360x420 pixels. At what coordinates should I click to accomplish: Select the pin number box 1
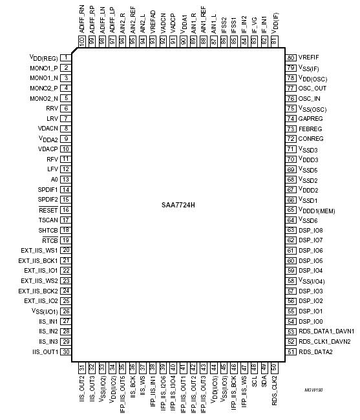tap(66, 58)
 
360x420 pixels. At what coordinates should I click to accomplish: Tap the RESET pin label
tap(49, 210)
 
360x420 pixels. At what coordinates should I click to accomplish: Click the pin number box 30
tap(66, 352)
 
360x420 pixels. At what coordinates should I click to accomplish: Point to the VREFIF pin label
tap(309, 58)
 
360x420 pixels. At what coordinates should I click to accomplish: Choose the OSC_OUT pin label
tap(313, 88)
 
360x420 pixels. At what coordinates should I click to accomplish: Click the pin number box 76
tap(291, 98)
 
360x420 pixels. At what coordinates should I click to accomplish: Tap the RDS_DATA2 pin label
tap(316, 352)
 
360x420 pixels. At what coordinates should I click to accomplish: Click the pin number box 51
tap(291, 352)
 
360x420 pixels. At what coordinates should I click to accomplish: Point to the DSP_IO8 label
tap(311, 230)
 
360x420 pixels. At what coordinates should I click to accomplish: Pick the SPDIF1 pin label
tap(48, 189)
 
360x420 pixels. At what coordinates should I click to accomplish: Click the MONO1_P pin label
tap(44, 68)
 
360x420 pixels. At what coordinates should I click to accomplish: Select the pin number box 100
tap(82, 41)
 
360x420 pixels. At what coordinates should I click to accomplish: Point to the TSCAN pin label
tap(49, 220)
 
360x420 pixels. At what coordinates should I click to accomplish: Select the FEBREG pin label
tap(311, 129)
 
